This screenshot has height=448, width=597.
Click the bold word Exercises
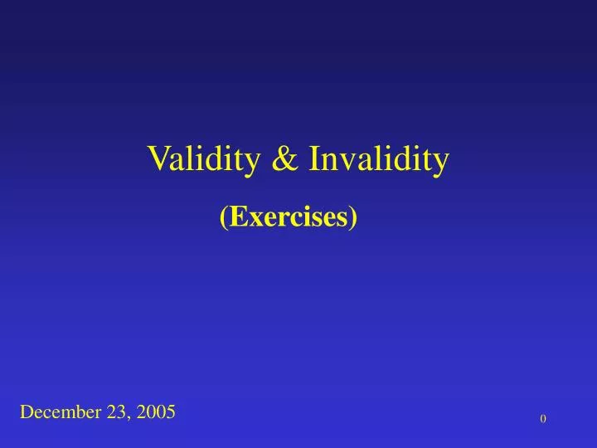pyautogui.click(x=289, y=217)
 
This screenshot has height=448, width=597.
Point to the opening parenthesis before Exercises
pyautogui.click(x=224, y=217)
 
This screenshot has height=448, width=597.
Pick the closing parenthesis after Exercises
pyautogui.click(x=354, y=217)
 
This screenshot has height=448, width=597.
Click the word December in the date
pyautogui.click(x=61, y=411)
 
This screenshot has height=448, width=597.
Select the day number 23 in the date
pyautogui.click(x=116, y=411)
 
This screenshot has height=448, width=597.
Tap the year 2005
pyautogui.click(x=155, y=411)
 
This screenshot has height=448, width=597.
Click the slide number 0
pyautogui.click(x=543, y=420)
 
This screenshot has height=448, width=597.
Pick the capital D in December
pyautogui.click(x=27, y=411)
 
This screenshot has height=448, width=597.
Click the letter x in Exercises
pyautogui.click(x=251, y=218)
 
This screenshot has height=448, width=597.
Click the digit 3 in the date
pyautogui.click(x=121, y=411)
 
